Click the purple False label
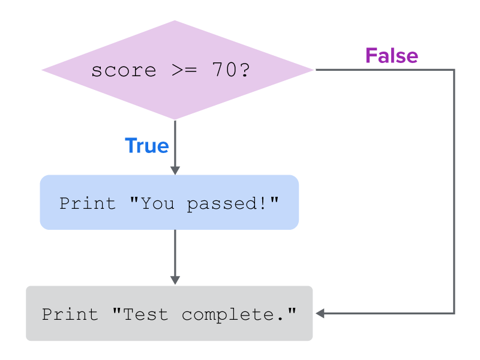(392, 56)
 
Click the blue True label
(147, 145)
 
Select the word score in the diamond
(124, 71)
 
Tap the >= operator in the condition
(184, 70)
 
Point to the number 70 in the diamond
(224, 70)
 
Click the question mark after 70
(245, 70)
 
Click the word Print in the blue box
(88, 203)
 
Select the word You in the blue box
(157, 203)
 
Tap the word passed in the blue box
(222, 204)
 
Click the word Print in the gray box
(70, 314)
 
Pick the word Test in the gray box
(145, 314)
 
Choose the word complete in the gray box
(228, 315)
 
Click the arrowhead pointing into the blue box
(175, 170)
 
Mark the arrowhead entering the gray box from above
(175, 280)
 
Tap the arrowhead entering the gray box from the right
(320, 313)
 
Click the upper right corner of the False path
(454, 70)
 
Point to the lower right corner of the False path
(454, 313)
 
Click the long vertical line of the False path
(454, 191)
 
